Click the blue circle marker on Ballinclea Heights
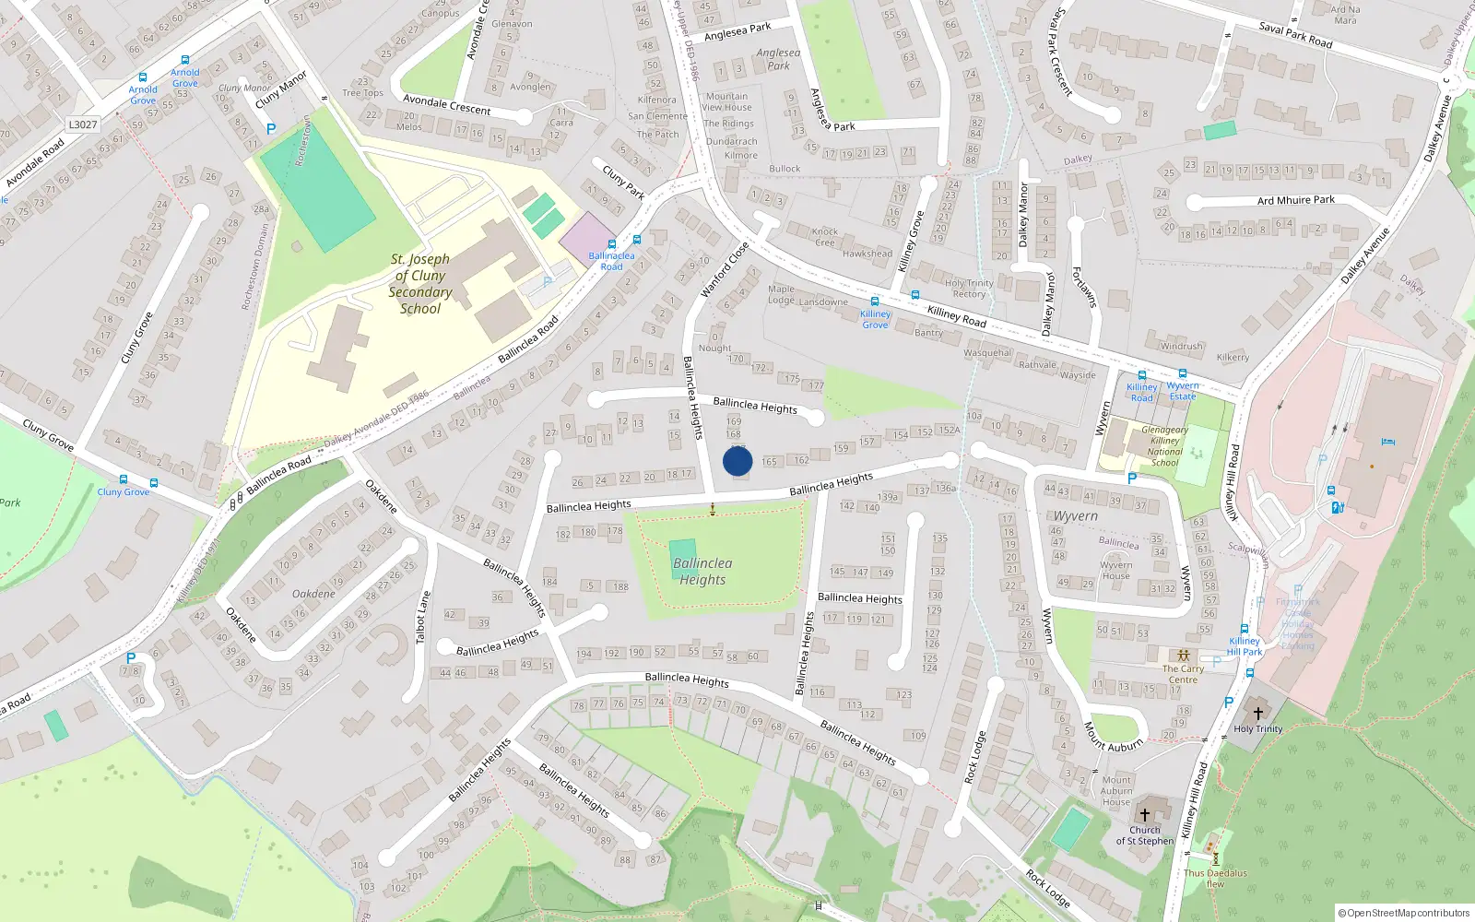pos(737,461)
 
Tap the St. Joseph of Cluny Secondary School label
pos(420,284)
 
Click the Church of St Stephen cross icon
pos(1145,815)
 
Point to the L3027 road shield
pos(83,124)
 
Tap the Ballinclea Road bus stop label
pos(611,261)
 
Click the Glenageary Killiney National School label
pos(1164,446)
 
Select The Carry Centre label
pos(1183,674)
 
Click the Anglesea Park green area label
pos(778,59)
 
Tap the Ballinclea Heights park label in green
pos(702,571)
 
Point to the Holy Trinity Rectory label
pos(969,289)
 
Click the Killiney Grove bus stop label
pos(875,319)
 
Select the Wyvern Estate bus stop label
pos(1183,391)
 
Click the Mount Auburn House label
pos(1116,791)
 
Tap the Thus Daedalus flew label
pos(1215,878)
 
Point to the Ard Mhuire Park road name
pos(1295,200)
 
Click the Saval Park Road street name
pos(1295,35)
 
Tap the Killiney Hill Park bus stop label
pos(1245,646)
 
